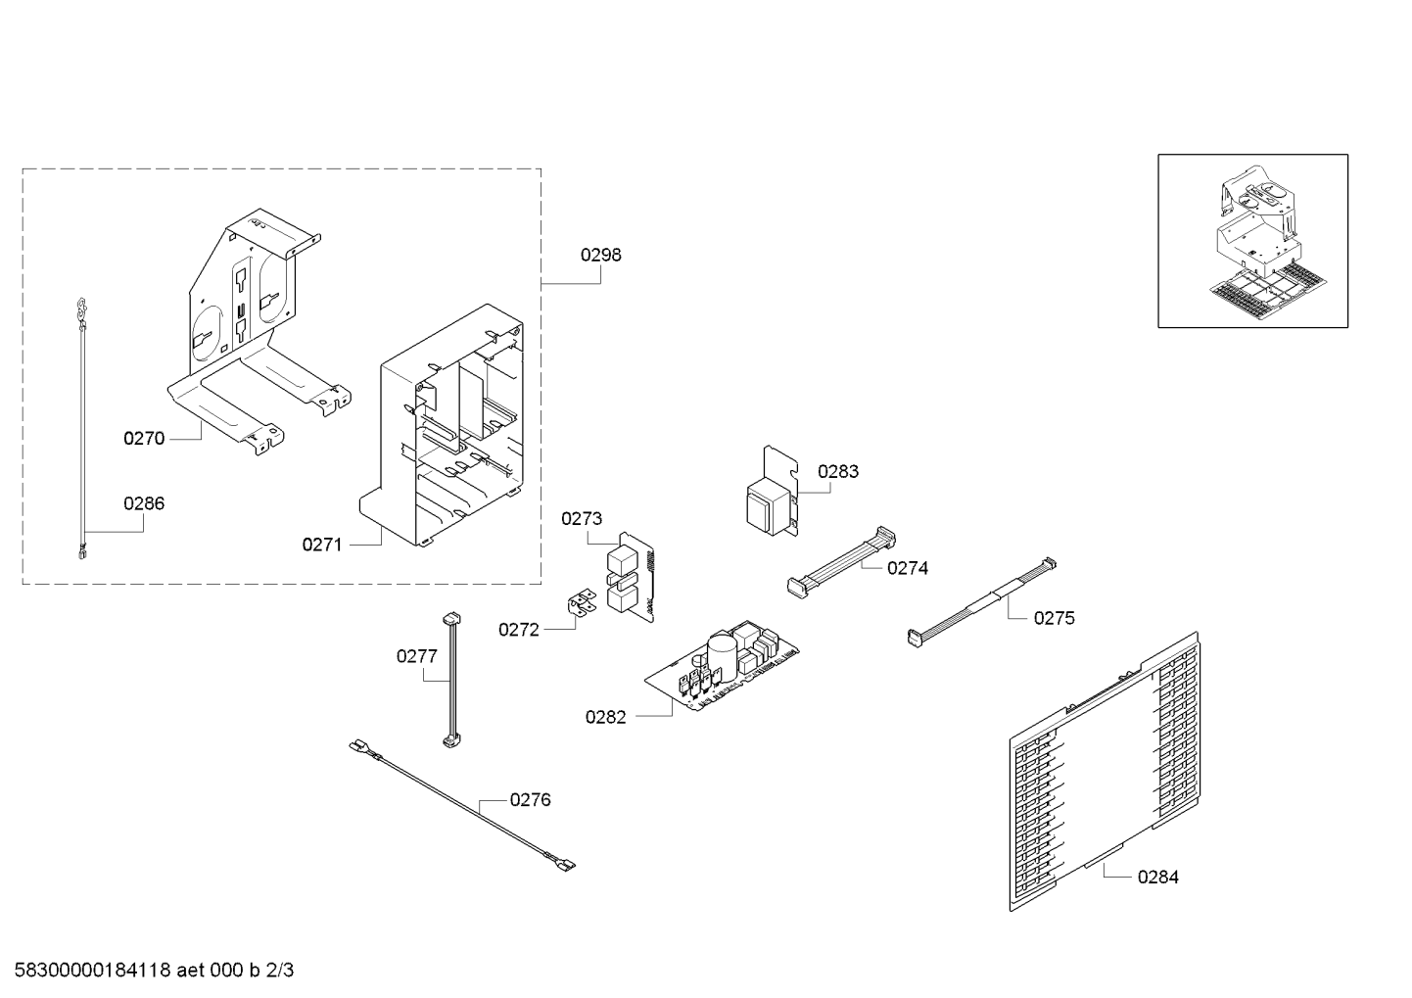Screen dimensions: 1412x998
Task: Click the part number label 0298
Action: tap(600, 255)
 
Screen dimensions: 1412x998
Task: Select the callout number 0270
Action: tap(144, 438)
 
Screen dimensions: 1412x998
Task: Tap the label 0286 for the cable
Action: tap(144, 503)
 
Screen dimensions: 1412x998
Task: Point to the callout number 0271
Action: tap(322, 545)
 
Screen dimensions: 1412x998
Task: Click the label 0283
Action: tap(838, 471)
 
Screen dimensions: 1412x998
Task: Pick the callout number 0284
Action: tap(1158, 877)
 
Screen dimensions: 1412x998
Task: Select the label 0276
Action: tap(530, 799)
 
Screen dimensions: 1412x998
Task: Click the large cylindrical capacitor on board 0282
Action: tap(722, 657)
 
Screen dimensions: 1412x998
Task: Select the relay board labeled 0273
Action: tap(631, 577)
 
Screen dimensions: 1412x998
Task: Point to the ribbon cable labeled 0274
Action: tap(841, 562)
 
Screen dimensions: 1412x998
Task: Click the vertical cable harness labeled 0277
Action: tap(451, 680)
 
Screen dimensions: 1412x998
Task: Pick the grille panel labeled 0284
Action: tap(1105, 771)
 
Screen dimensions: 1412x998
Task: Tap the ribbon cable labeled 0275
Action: tap(981, 602)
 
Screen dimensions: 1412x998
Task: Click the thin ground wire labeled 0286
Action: tap(82, 429)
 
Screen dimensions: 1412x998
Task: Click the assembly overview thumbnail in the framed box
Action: tap(1252, 241)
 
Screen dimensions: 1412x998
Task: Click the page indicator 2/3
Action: tap(279, 970)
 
